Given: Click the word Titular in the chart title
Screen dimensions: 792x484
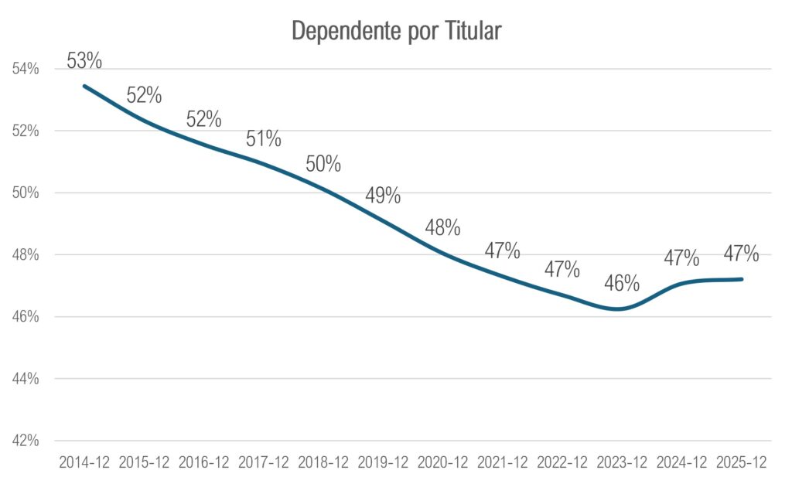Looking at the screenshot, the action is click(x=473, y=31).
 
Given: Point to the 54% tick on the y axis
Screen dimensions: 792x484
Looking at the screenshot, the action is click(x=26, y=69).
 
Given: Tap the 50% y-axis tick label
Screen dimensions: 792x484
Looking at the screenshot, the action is click(x=26, y=193).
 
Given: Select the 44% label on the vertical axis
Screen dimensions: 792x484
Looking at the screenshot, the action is click(x=26, y=379).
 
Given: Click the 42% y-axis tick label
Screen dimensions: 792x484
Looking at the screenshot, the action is click(x=26, y=441).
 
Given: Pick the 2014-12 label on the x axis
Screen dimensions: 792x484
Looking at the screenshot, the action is click(x=84, y=462).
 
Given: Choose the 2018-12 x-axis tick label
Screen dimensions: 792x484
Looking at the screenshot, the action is click(x=323, y=462).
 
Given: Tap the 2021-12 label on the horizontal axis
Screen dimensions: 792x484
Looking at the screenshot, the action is click(x=503, y=462).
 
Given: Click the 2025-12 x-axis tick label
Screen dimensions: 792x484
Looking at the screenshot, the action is click(x=742, y=462).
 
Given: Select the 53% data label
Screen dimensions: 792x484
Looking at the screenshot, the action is click(x=84, y=61).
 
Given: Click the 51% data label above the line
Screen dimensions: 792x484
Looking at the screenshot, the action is click(x=264, y=139).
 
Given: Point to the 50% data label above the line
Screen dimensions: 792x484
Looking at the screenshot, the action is click(x=323, y=164).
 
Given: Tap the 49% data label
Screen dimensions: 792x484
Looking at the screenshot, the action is click(x=383, y=196).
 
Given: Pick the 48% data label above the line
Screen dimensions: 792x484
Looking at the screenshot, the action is click(x=442, y=227).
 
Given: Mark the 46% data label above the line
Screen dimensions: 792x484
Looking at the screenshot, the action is click(x=622, y=284).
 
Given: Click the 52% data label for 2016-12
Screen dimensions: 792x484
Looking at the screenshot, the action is click(x=204, y=119).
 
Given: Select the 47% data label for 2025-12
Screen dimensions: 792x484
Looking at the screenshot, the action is click(x=742, y=254).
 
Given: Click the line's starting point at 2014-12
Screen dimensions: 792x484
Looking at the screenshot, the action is click(x=84, y=87).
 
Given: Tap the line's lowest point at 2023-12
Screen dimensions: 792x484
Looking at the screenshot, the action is click(x=619, y=308).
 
